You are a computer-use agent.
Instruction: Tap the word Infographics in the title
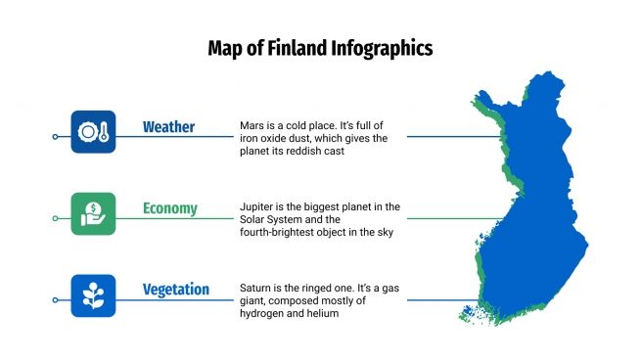[x=382, y=48]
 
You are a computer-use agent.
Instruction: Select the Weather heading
[x=168, y=127]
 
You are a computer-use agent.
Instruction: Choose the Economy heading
[x=169, y=208]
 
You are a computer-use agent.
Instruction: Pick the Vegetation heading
[x=176, y=290]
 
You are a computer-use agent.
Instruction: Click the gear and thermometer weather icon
[x=93, y=132]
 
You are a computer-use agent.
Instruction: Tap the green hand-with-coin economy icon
[x=93, y=213]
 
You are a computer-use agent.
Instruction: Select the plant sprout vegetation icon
[x=93, y=295]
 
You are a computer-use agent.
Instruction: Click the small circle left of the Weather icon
[x=55, y=136]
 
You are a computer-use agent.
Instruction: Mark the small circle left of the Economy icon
[x=55, y=218]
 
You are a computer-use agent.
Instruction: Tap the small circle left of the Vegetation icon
[x=55, y=299]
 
